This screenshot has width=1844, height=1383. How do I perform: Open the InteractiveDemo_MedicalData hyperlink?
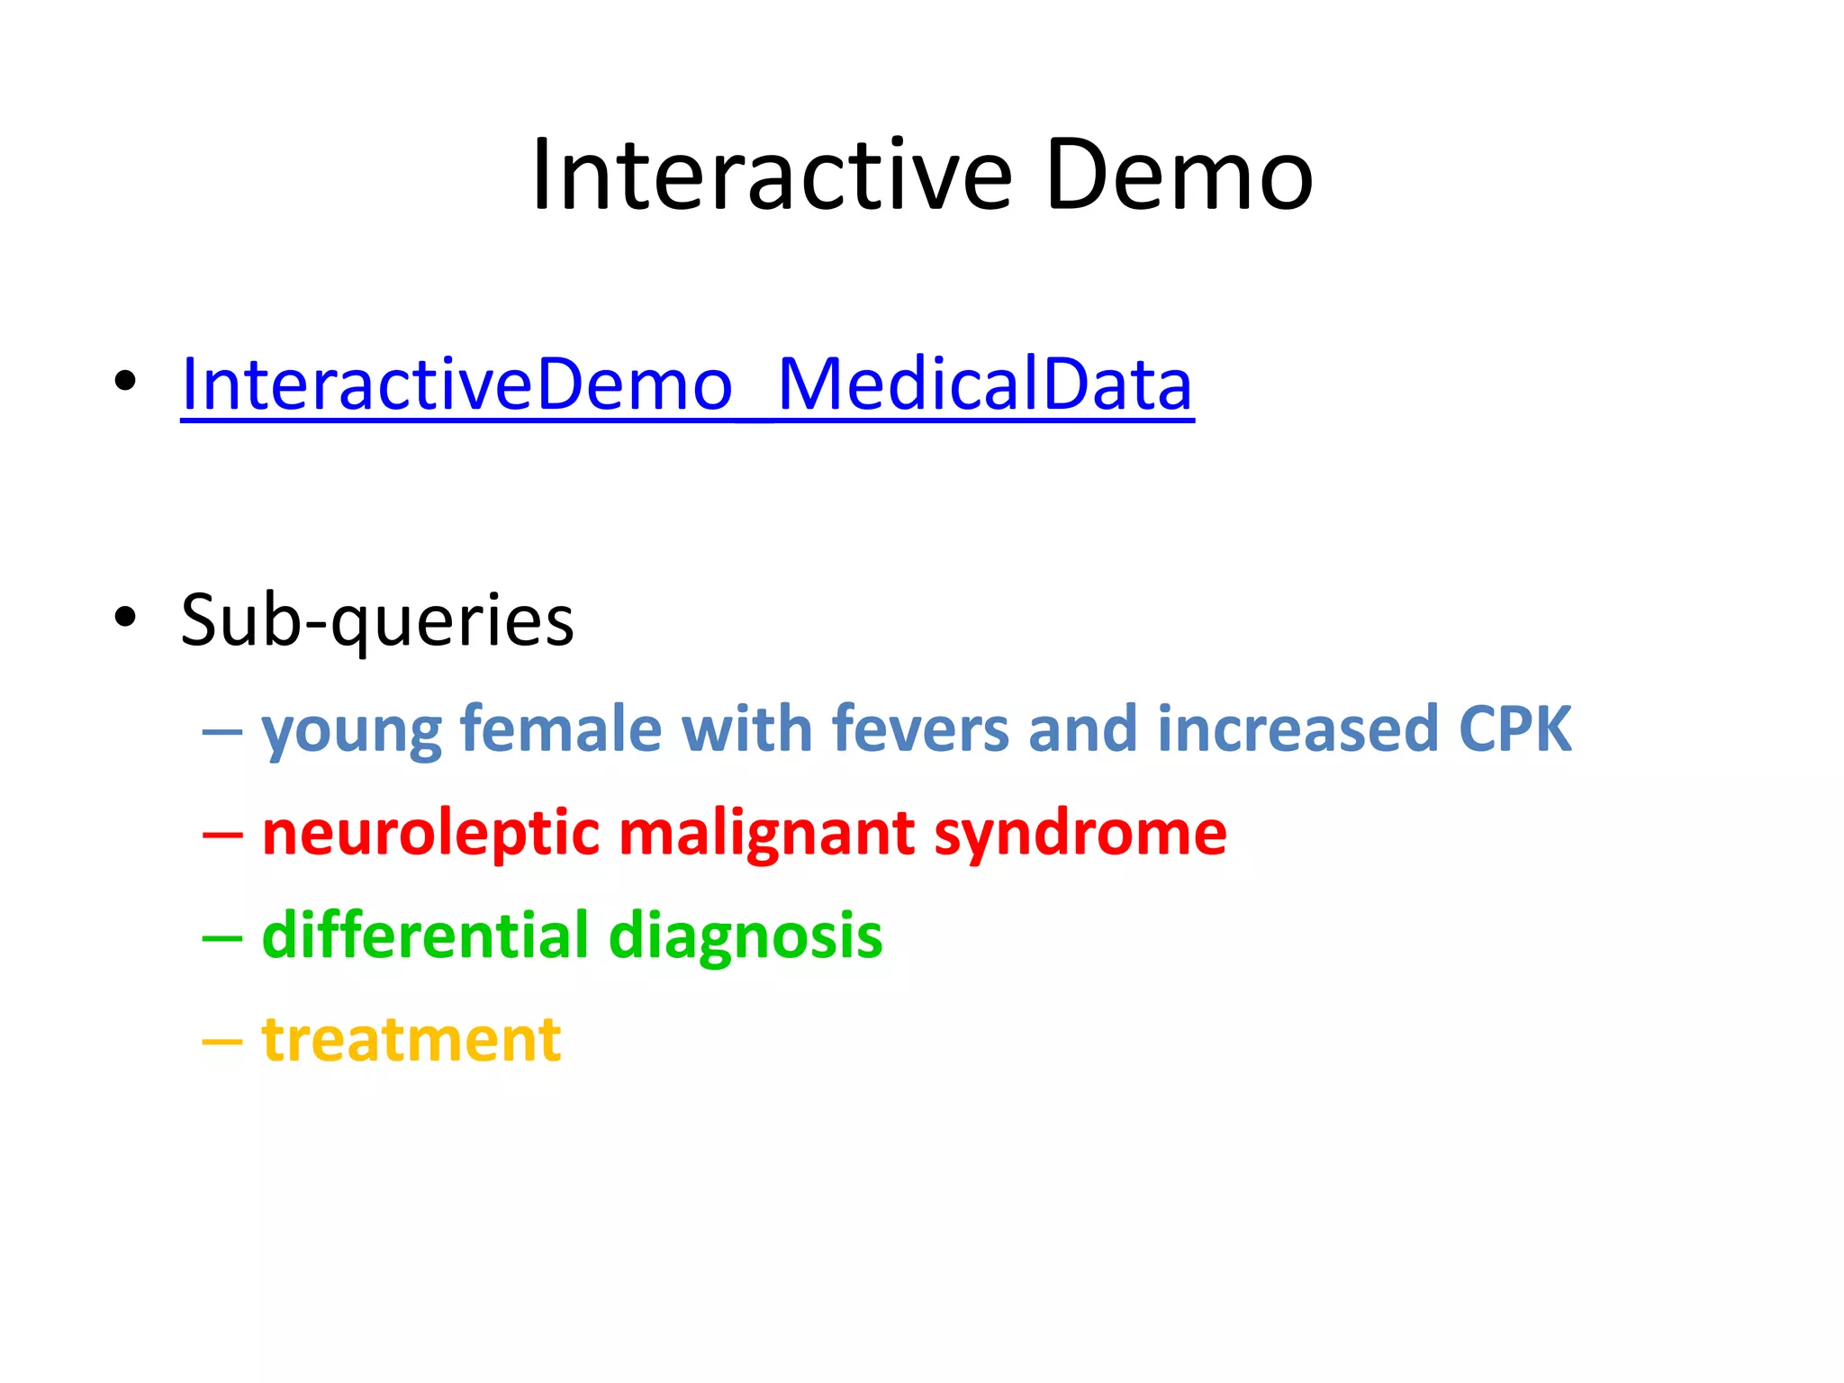tap(687, 384)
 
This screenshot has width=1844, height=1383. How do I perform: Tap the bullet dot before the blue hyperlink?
tap(125, 381)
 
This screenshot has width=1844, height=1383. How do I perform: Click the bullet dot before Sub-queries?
tap(125, 618)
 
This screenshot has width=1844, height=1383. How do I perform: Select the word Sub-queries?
tap(376, 620)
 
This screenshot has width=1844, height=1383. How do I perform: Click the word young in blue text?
tap(351, 731)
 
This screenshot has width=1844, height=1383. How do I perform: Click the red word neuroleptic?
tap(430, 834)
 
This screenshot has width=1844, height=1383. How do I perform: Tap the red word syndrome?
tap(1080, 834)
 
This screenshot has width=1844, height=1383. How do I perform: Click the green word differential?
tap(425, 936)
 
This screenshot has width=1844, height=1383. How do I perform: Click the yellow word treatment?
tap(411, 1040)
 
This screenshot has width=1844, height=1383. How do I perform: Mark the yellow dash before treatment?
tap(222, 1042)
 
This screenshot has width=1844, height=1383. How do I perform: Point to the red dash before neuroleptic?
tap(222, 836)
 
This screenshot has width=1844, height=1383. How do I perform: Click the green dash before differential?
tap(222, 938)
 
